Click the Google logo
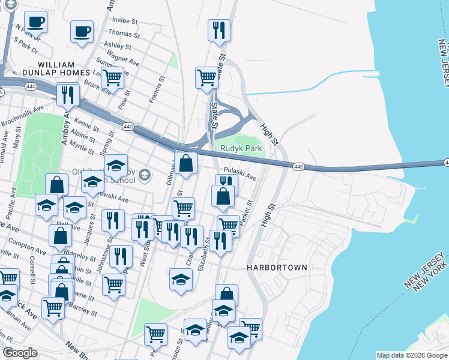(20, 353)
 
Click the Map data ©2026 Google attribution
(412, 355)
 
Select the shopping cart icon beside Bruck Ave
(112, 77)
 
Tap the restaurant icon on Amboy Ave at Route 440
(68, 94)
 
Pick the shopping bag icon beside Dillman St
(186, 163)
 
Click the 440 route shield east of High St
(298, 166)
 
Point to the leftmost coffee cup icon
(35, 22)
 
